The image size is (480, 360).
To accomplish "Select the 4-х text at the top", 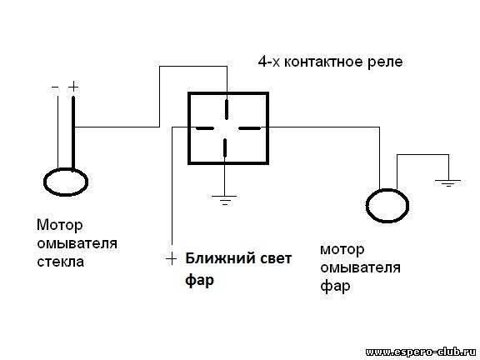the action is [269, 62].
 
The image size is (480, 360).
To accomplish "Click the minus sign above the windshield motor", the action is [55, 87].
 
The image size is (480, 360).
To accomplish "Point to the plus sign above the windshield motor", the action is [73, 87].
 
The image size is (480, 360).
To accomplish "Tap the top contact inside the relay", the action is [227, 109].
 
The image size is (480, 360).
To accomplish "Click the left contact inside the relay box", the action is [204, 128].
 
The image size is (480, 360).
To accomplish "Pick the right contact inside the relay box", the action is [249, 128].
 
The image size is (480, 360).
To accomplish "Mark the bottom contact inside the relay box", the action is [225, 147].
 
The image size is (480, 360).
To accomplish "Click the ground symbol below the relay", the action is [225, 200].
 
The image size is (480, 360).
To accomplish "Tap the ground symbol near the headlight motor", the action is [448, 183].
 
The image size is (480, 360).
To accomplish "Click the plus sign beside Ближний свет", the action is [172, 259].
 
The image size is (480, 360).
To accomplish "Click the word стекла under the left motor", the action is [60, 262].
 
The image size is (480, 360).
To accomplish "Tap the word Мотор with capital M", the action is [60, 226].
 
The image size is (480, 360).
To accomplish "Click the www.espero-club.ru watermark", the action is [422, 352].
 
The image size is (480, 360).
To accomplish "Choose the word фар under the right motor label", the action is [335, 287].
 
